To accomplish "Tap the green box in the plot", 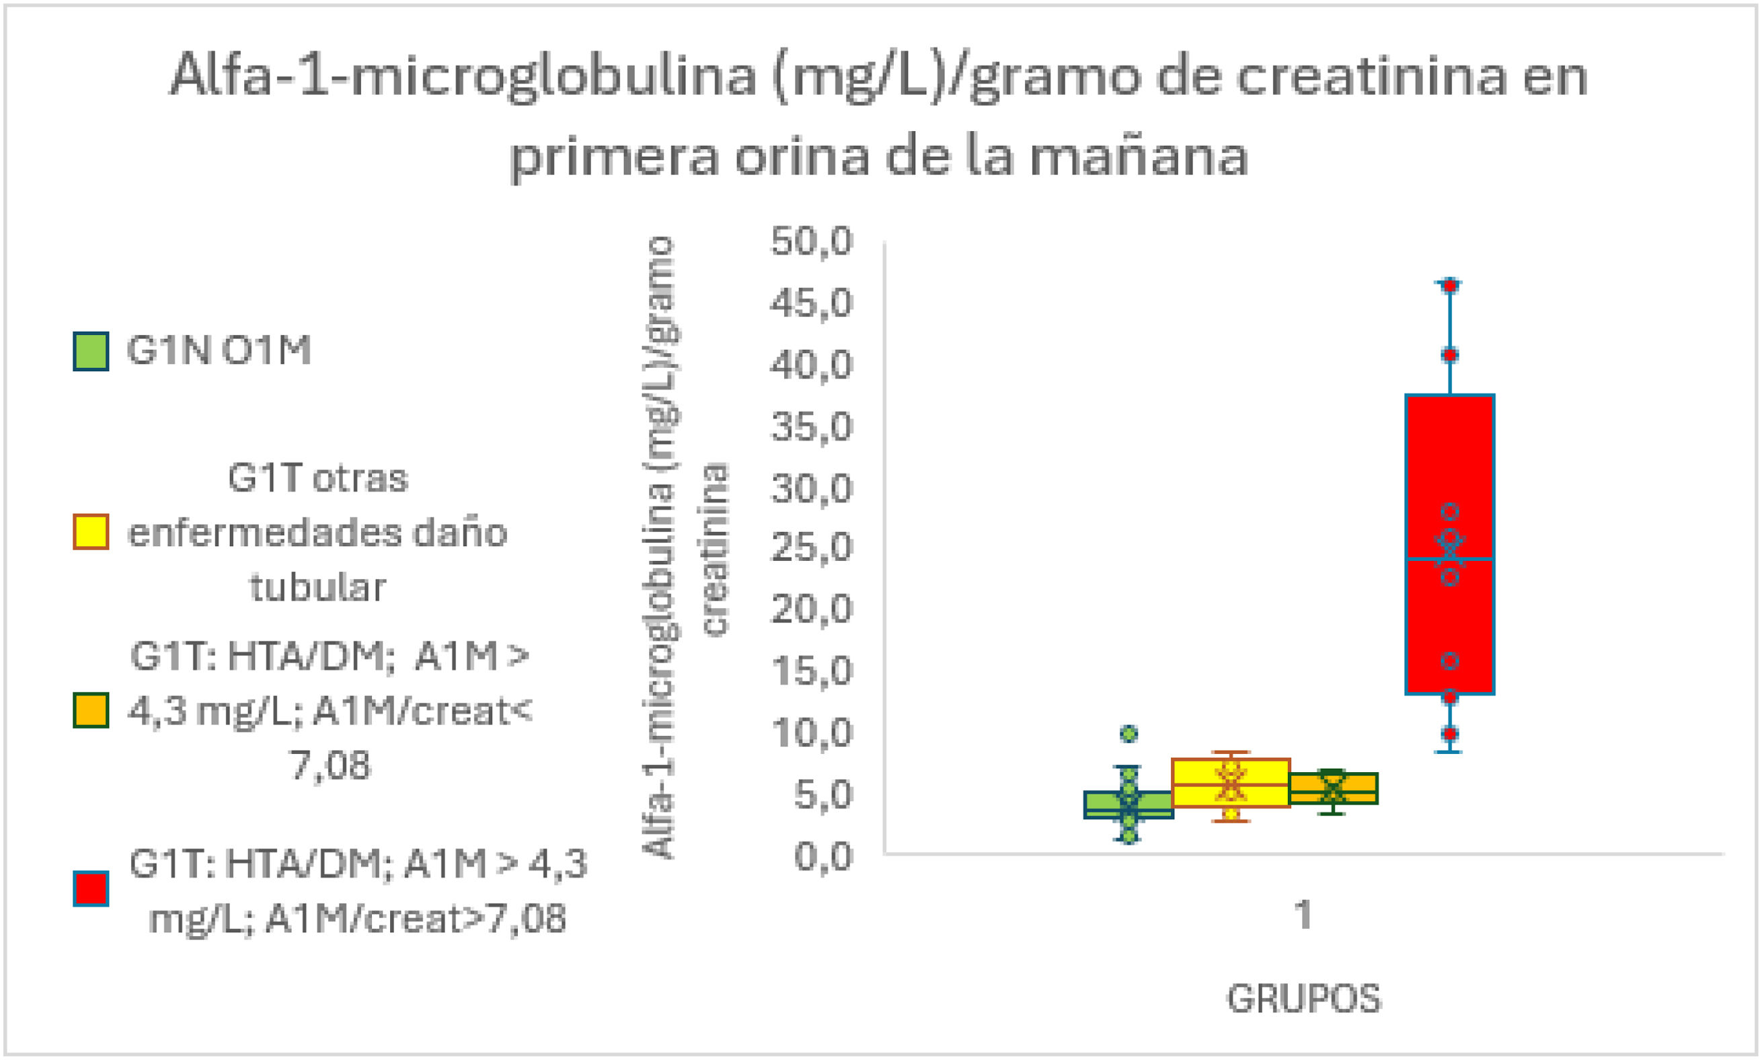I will click(x=1128, y=804).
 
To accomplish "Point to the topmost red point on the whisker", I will click(x=1450, y=286).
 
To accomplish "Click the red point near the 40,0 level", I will click(x=1450, y=355).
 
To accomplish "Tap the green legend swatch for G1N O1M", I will click(x=91, y=350).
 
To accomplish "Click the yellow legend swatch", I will click(x=91, y=532).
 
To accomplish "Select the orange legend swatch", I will click(x=91, y=710).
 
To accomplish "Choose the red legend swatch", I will click(x=91, y=888).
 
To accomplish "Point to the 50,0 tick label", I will click(x=811, y=241).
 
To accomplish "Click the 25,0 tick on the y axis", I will click(x=811, y=549).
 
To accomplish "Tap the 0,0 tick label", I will click(x=822, y=856).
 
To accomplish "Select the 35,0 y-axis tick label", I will click(x=811, y=426).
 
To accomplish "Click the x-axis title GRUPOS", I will click(x=1303, y=999).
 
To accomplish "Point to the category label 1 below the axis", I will click(x=1303, y=915).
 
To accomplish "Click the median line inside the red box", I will click(x=1450, y=558).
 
